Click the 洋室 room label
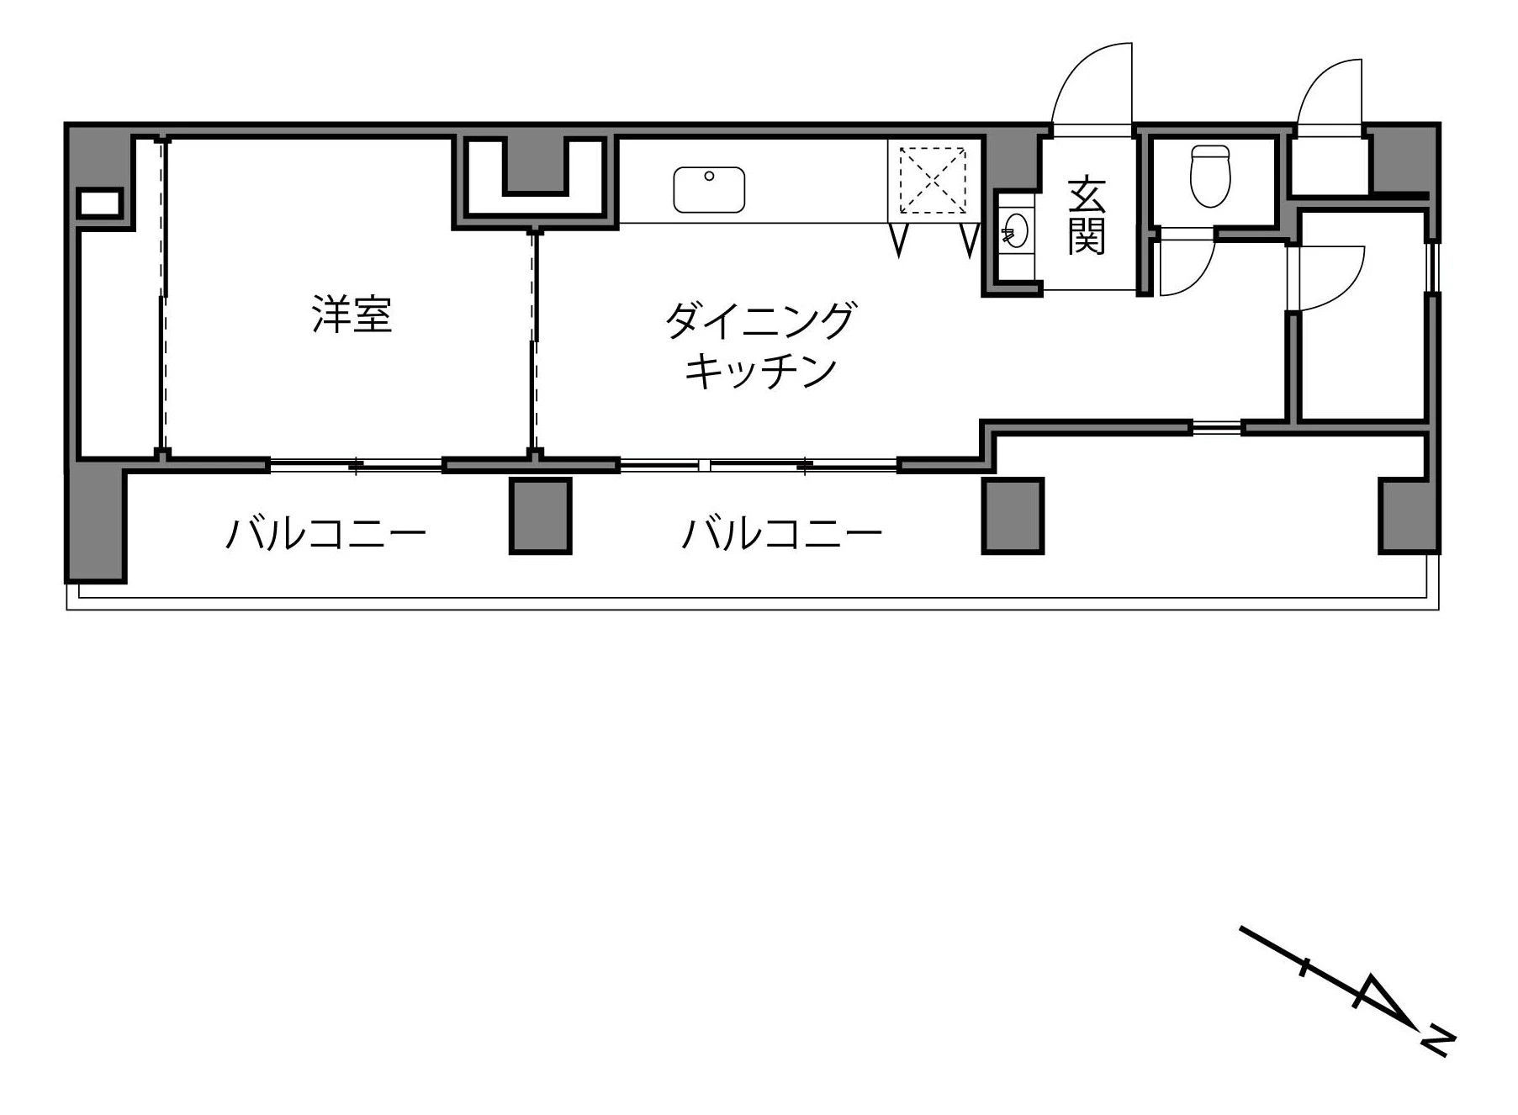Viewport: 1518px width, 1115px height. (352, 314)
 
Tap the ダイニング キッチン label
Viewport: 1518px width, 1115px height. (759, 345)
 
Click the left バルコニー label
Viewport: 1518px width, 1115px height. (325, 533)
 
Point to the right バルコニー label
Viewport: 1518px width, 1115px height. (781, 533)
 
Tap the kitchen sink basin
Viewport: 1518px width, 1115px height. (709, 189)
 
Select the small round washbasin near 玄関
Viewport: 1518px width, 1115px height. (1015, 231)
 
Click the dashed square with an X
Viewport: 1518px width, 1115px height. (933, 180)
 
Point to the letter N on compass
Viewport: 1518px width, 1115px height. (1438, 1041)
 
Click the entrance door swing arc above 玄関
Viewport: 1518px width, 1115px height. (1089, 84)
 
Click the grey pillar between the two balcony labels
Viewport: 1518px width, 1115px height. (541, 515)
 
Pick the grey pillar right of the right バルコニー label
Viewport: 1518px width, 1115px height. (1013, 515)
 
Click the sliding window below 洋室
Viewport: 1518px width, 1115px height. (356, 464)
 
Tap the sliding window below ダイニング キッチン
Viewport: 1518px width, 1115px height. (758, 464)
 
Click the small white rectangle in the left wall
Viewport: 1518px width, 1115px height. (99, 203)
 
